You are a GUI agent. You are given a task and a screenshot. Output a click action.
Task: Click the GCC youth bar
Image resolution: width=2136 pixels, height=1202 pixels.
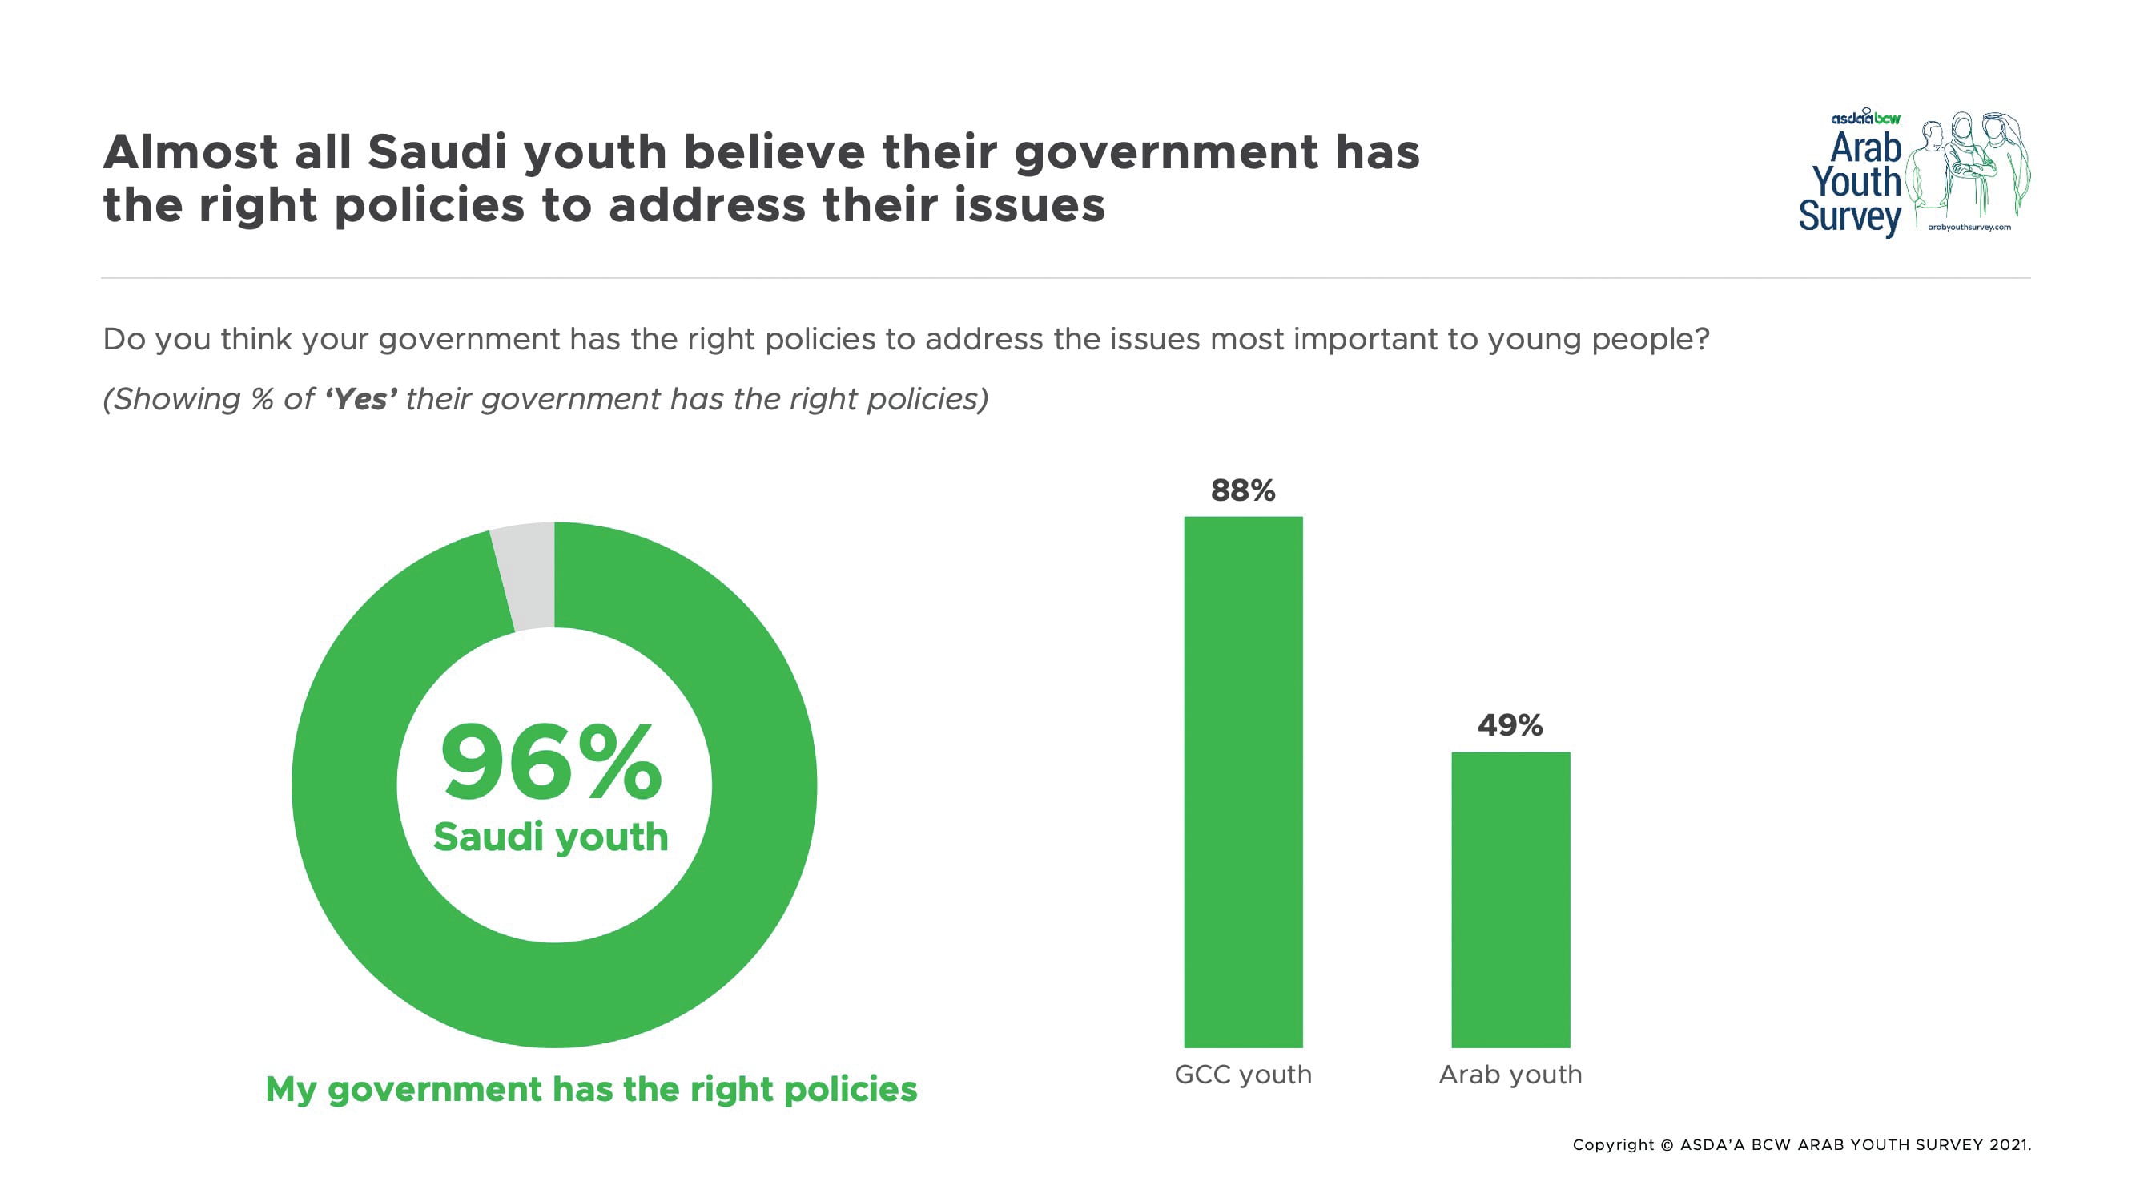1243,781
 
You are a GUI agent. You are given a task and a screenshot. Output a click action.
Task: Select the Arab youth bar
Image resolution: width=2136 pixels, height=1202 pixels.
1510,899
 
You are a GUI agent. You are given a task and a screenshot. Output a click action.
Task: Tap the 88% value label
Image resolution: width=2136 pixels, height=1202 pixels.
1243,490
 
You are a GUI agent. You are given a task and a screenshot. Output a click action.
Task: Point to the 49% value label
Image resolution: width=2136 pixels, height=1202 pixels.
1510,726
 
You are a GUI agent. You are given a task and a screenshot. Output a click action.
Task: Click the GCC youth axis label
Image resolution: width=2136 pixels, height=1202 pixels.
1243,1075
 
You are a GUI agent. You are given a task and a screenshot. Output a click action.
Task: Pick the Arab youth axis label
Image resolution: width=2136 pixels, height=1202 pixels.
1510,1075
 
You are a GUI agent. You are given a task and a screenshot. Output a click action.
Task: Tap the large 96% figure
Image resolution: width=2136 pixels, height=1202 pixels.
550,761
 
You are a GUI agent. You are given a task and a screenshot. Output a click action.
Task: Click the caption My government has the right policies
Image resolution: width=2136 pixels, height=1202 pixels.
591,1089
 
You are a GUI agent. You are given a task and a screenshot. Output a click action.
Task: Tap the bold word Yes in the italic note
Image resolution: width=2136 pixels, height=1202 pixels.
360,399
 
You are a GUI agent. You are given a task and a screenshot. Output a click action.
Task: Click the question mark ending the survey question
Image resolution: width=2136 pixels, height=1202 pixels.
1701,338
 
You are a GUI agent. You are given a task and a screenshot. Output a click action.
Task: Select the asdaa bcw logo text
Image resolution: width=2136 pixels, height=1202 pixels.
1864,118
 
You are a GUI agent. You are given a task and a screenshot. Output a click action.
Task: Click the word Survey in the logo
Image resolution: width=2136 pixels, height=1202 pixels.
1849,217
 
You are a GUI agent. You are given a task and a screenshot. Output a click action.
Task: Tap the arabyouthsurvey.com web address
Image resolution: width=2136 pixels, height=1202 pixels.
1969,228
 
